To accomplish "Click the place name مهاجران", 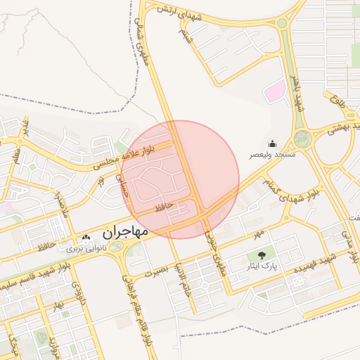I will [124, 231].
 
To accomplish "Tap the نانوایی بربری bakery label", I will [85, 248].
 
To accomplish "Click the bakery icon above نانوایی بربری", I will [86, 238].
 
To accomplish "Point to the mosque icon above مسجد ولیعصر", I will [272, 144].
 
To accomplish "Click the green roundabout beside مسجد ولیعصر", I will [302, 138].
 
